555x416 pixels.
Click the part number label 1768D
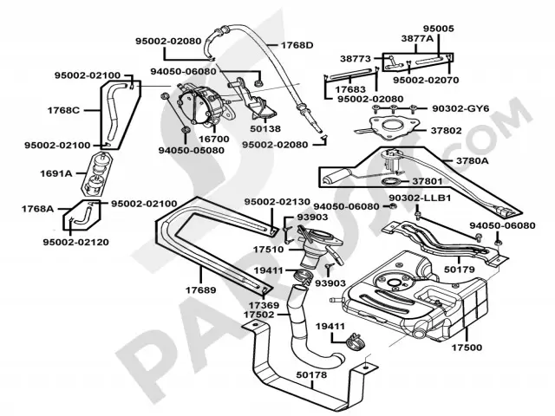(297, 44)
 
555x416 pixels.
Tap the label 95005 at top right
(438, 28)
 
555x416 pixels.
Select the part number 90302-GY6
(461, 108)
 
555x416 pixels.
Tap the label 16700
(213, 138)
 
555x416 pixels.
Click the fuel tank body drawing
(412, 295)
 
